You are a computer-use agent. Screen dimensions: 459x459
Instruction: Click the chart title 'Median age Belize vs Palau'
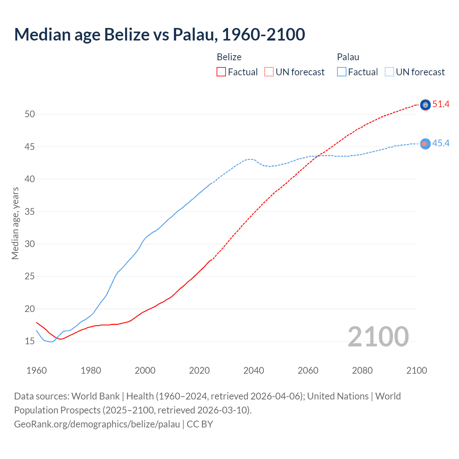point(159,34)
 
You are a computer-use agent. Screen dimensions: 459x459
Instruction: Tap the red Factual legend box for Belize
point(221,72)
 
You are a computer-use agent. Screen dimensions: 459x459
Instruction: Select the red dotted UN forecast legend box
point(269,72)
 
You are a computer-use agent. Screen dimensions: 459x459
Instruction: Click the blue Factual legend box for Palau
point(342,72)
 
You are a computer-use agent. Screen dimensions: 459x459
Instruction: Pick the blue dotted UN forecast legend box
point(389,72)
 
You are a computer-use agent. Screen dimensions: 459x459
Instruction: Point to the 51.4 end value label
point(441,104)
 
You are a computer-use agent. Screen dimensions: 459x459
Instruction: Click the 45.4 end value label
point(441,143)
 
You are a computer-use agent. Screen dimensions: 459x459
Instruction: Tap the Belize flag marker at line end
point(425,105)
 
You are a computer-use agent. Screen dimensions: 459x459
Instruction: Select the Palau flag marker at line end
point(425,144)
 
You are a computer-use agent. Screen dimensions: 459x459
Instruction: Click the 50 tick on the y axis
point(30,114)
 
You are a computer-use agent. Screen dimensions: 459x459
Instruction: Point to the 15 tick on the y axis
point(30,341)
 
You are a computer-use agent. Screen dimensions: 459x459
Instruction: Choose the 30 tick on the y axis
point(30,244)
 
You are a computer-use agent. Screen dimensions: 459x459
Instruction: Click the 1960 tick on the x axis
point(37,370)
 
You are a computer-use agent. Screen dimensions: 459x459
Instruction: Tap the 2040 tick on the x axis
point(254,370)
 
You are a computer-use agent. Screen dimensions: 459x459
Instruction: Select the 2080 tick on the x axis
point(362,370)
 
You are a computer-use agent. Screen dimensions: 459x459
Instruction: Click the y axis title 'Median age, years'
point(15,223)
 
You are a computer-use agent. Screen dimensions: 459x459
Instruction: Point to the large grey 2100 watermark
point(378,336)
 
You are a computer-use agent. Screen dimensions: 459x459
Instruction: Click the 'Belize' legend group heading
point(229,57)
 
